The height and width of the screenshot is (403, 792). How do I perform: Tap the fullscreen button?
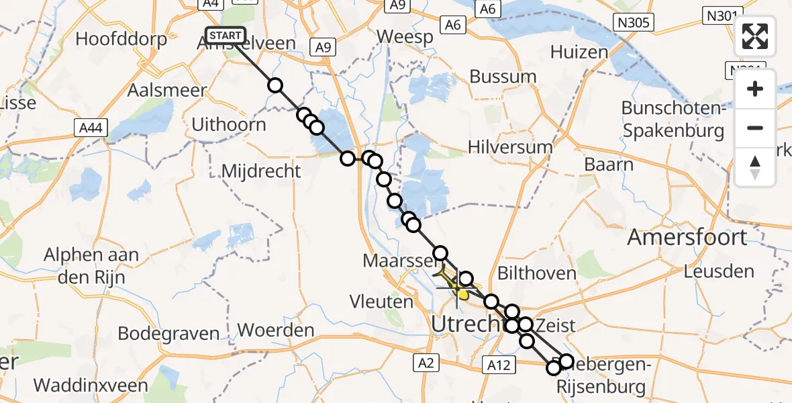tap(755, 36)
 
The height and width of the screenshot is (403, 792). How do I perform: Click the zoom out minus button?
tap(755, 128)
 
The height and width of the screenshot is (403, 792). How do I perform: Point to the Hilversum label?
tap(510, 147)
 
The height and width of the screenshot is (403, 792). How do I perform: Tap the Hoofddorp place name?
tap(121, 39)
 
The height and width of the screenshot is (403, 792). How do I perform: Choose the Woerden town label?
tap(277, 330)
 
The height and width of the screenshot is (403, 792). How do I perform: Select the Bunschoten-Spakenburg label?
tap(673, 119)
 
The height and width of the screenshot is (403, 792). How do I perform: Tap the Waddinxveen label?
tap(82, 386)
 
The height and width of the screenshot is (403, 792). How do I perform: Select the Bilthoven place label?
tap(537, 273)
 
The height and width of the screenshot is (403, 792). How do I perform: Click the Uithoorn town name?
tap(229, 124)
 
